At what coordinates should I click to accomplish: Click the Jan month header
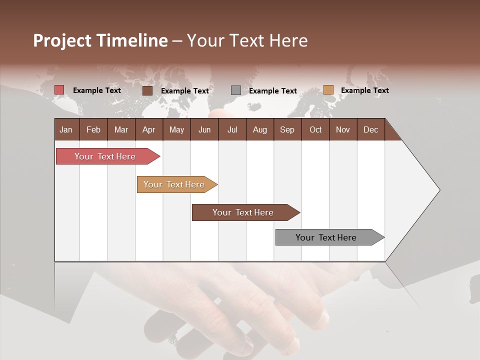point(66,129)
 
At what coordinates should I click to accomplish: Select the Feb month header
point(93,129)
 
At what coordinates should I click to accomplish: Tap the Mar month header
point(121,129)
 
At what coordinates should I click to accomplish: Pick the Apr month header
point(149,129)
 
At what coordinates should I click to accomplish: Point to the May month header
point(176,129)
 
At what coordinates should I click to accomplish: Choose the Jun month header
point(204,129)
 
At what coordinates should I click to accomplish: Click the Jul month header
point(232,129)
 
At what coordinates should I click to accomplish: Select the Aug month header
point(260,129)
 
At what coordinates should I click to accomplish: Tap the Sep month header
point(287,129)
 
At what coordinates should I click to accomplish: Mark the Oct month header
point(315,129)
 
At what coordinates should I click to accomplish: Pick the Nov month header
point(343,129)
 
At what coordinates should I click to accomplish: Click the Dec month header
point(371,129)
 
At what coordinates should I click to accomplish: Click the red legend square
point(59,90)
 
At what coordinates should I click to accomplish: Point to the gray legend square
point(236,90)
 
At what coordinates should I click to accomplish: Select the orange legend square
point(328,90)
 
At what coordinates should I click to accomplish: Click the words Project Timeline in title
point(100,40)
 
